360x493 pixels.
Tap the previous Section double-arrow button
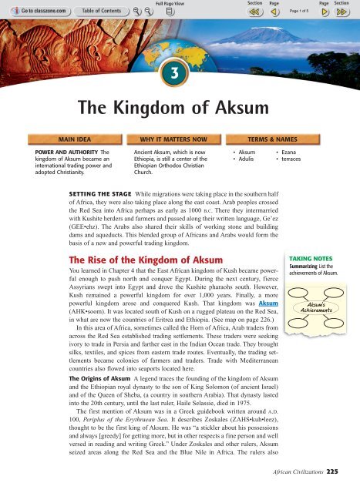[x=253, y=13]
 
